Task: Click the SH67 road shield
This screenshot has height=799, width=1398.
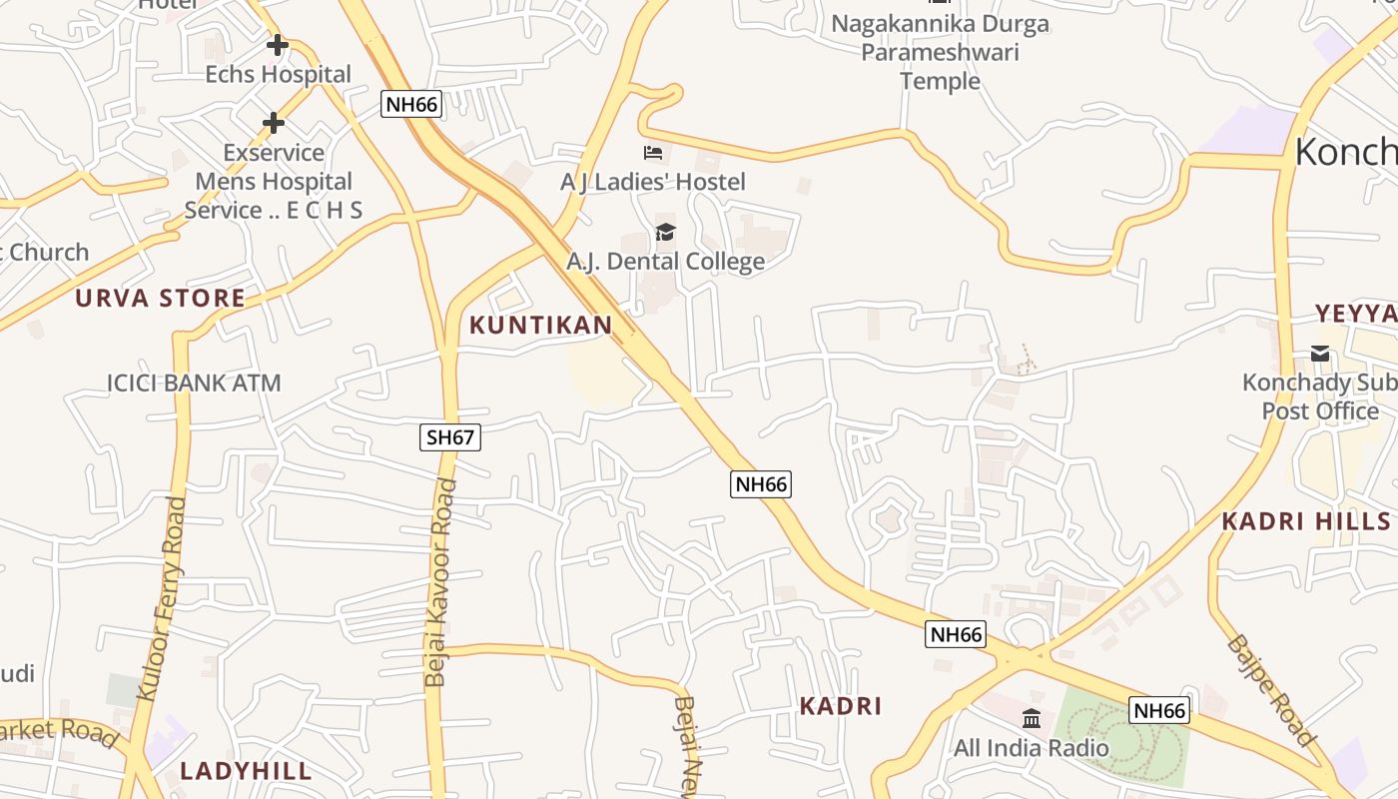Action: tap(450, 436)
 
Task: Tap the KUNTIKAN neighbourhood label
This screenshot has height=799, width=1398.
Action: tap(540, 325)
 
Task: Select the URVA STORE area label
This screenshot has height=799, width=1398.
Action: tap(160, 298)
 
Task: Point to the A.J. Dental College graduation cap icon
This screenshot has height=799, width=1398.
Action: tap(665, 233)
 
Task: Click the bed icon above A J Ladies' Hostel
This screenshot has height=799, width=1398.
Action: tap(653, 153)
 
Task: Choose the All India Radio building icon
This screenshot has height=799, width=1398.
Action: tap(1032, 718)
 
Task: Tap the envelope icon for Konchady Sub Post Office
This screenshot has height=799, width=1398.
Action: tap(1320, 354)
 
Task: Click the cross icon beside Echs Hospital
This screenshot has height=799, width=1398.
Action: tap(278, 45)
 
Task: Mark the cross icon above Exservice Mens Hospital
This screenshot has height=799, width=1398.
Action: tap(274, 123)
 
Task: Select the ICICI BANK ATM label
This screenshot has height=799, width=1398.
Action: tap(194, 383)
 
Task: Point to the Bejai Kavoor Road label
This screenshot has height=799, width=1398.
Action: tap(440, 582)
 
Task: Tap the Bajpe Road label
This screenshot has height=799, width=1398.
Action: tap(1272, 689)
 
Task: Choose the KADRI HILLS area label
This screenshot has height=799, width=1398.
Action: tap(1306, 521)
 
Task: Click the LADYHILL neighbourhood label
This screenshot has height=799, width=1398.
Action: tap(246, 771)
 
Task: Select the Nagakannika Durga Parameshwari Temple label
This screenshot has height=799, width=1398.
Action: tap(940, 52)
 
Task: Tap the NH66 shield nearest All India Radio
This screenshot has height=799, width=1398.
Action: tap(1159, 710)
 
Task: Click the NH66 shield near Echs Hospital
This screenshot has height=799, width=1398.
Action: tap(410, 104)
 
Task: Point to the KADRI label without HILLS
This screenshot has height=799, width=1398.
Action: tap(840, 706)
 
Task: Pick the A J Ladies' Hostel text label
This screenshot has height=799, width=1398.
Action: tap(653, 182)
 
